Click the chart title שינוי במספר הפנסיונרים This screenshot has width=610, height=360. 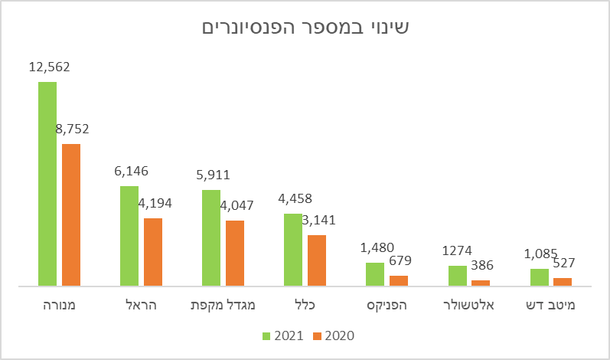pyautogui.click(x=305, y=28)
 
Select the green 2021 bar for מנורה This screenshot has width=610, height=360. pyautogui.click(x=47, y=184)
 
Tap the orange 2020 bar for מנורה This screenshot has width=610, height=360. pyautogui.click(x=71, y=214)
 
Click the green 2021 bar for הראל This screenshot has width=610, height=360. pyautogui.click(x=129, y=236)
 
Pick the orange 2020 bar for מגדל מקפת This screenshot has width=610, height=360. pyautogui.click(x=235, y=253)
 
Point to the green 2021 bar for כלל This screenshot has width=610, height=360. pyautogui.click(x=293, y=250)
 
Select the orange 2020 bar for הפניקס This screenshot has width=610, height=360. pyautogui.click(x=399, y=280)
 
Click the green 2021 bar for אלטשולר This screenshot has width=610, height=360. pyautogui.click(x=457, y=276)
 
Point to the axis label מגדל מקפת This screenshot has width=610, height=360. pyautogui.click(x=223, y=306)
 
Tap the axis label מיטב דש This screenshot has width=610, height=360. pyautogui.click(x=552, y=306)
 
